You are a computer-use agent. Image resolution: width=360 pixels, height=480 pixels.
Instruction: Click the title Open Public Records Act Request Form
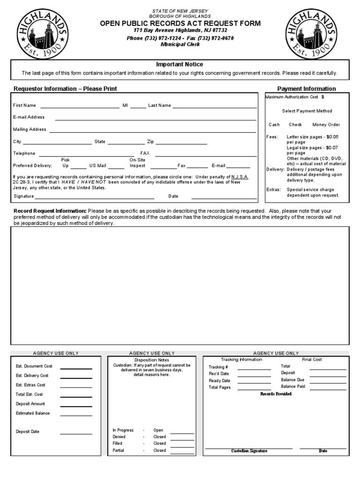tap(180, 23)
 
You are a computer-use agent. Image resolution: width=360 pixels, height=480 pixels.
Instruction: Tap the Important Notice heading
tap(180, 64)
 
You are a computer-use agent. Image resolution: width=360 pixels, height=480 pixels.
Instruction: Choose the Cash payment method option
tap(274, 125)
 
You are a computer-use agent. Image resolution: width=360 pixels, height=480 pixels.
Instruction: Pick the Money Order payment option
tap(326, 125)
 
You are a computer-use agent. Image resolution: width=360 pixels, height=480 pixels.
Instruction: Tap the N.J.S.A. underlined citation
tap(240, 177)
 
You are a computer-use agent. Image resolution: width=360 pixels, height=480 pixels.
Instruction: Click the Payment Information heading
tap(307, 89)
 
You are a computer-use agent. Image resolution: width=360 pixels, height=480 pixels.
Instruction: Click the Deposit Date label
tap(28, 432)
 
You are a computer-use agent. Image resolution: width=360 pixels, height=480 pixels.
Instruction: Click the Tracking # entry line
tap(254, 369)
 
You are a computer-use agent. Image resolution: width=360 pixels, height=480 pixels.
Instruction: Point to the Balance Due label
tap(292, 380)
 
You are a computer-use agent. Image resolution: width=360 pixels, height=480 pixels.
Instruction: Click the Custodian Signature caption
tap(249, 450)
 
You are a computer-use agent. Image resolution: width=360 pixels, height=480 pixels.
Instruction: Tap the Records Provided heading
tap(276, 394)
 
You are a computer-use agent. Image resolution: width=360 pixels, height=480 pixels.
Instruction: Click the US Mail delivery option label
tap(98, 165)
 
